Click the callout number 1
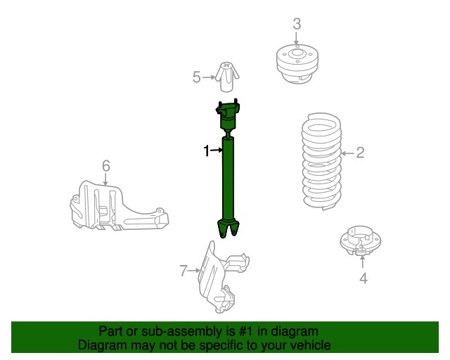206,150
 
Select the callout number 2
360,153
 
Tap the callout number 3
297,24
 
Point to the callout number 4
364,278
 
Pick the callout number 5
197,77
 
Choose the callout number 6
106,166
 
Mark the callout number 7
184,271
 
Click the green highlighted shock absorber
228,169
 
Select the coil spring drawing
322,162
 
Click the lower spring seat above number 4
361,240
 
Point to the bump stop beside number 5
226,77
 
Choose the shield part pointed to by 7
221,277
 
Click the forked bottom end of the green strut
228,229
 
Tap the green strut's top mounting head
228,115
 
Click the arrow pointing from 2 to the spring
347,153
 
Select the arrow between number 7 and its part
194,271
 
